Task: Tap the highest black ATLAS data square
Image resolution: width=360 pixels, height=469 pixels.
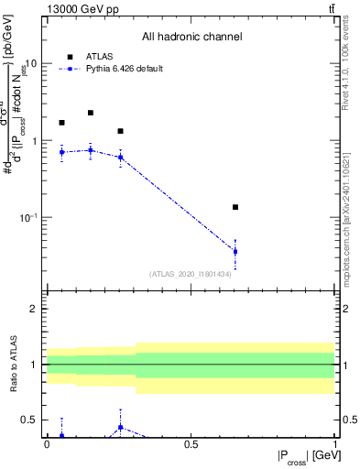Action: tap(91, 113)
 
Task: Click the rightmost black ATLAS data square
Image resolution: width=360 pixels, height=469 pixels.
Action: tap(235, 207)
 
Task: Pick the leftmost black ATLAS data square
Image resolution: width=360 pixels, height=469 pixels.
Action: tap(61, 123)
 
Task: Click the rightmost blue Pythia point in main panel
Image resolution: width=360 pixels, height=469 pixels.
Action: tap(235, 251)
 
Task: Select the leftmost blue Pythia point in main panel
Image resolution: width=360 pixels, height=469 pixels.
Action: tap(61, 152)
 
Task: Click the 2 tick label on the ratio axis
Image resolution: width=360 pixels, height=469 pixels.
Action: tap(34, 309)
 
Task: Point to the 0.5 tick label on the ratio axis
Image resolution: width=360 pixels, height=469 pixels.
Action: tap(30, 420)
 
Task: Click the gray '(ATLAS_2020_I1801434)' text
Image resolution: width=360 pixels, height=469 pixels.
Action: tap(191, 274)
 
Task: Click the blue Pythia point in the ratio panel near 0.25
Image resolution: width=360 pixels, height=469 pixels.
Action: tap(120, 427)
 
